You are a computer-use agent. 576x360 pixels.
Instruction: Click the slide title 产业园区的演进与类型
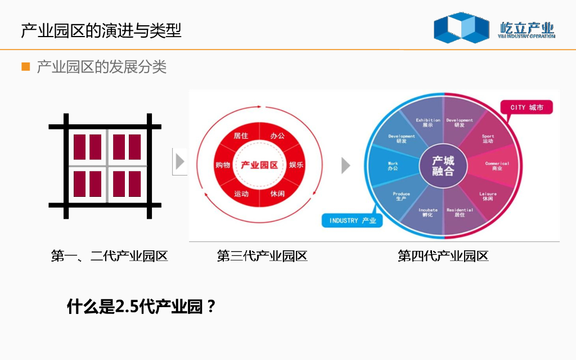pyautogui.click(x=101, y=30)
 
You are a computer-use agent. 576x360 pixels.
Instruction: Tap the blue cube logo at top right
pyautogui.click(x=461, y=28)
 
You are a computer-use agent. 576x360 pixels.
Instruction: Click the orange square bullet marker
pyautogui.click(x=25, y=67)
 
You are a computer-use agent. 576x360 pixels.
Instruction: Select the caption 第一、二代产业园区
pyautogui.click(x=109, y=256)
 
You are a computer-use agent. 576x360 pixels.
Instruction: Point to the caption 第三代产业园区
pyautogui.click(x=262, y=256)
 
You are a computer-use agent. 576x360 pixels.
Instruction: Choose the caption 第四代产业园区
pyautogui.click(x=443, y=256)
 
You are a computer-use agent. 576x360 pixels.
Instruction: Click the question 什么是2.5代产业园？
pyautogui.click(x=141, y=307)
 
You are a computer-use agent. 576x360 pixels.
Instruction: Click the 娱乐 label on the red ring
pyautogui.click(x=296, y=165)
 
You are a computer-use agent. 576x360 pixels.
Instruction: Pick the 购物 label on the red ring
pyautogui.click(x=223, y=165)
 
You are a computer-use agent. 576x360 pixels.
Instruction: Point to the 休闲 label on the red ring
pyautogui.click(x=277, y=193)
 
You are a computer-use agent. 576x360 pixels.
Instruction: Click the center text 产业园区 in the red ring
pyautogui.click(x=259, y=165)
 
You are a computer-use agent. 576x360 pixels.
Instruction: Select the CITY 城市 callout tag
pyautogui.click(x=527, y=107)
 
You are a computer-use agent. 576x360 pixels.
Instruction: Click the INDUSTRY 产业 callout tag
pyautogui.click(x=353, y=220)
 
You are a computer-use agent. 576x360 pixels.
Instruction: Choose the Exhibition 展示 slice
pyautogui.click(x=428, y=122)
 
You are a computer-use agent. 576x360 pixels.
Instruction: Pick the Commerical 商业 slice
pyautogui.click(x=497, y=166)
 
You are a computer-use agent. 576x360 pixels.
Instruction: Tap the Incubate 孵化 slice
pyautogui.click(x=428, y=212)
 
